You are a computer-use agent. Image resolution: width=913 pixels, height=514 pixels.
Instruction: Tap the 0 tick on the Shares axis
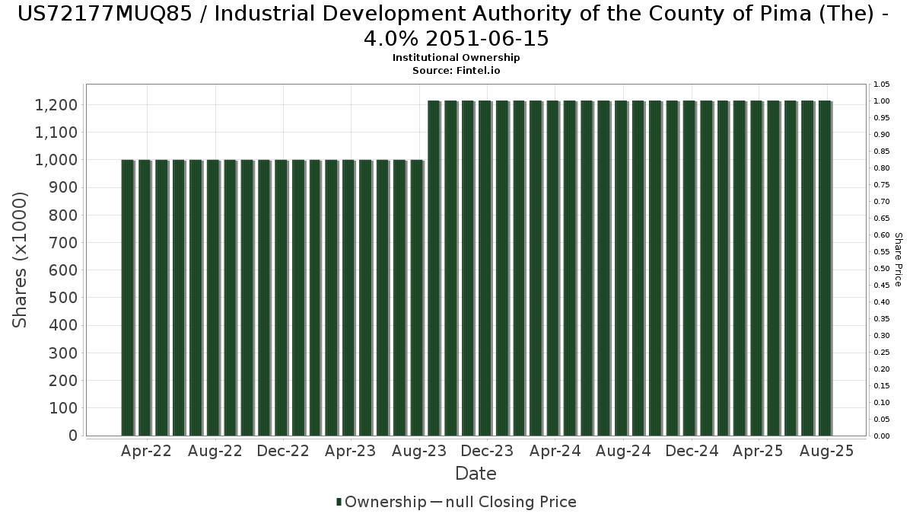click(x=72, y=436)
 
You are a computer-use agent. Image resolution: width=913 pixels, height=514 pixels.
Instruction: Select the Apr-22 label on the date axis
click(x=146, y=451)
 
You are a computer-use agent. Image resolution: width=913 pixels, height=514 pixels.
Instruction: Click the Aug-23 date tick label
click(x=418, y=451)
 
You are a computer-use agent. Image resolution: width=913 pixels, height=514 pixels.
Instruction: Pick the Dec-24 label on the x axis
click(x=691, y=451)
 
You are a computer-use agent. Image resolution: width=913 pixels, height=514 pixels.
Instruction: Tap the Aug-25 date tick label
click(x=827, y=451)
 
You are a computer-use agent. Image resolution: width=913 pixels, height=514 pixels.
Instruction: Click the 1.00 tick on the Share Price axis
click(x=881, y=101)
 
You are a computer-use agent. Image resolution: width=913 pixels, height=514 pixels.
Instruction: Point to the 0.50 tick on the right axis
click(x=881, y=269)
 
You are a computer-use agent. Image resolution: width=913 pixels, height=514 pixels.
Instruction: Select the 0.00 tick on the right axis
click(x=881, y=436)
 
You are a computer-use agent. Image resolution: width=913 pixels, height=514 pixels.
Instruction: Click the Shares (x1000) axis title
click(x=21, y=260)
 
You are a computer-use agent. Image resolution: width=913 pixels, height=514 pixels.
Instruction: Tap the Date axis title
click(x=476, y=474)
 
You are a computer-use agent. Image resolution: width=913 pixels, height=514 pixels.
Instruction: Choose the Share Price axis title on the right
click(x=898, y=260)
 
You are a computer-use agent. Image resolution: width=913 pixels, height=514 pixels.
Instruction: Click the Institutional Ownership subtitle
click(x=456, y=58)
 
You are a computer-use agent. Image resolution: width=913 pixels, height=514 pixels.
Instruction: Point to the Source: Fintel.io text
click(x=456, y=70)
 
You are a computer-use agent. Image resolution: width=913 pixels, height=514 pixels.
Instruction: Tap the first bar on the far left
click(x=127, y=298)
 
